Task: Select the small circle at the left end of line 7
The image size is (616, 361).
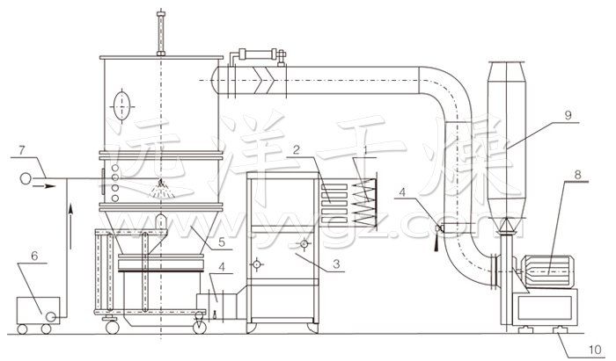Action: coord(26,178)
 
